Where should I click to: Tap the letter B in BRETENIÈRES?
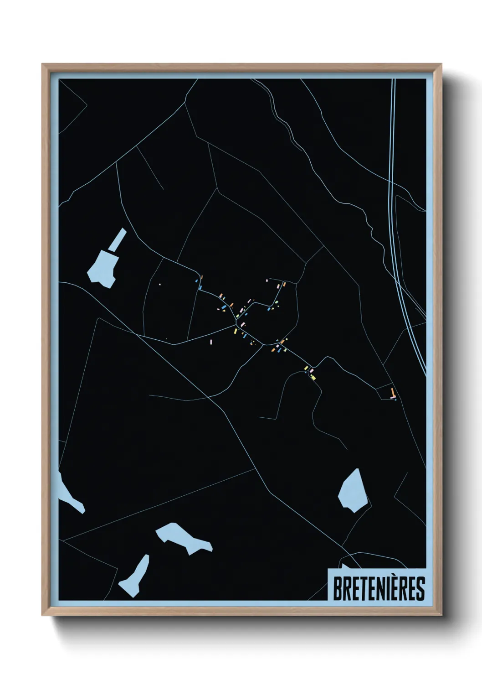(x=338, y=589)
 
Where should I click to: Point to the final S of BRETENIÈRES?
(x=420, y=589)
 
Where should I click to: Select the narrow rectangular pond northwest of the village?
(x=117, y=239)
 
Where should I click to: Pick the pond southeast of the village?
(x=352, y=492)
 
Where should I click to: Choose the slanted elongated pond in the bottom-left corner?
(x=135, y=576)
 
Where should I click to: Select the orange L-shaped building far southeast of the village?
(x=393, y=392)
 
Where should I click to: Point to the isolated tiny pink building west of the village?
(x=160, y=284)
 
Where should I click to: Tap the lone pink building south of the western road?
(x=211, y=342)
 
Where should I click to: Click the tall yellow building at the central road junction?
(x=236, y=331)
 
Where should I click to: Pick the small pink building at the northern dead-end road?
(x=267, y=280)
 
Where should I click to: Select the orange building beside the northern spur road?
(x=284, y=284)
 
